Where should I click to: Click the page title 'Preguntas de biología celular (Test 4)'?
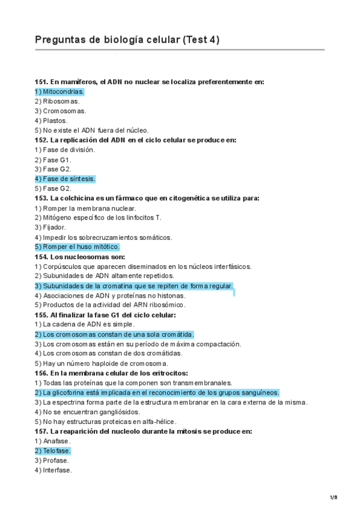(127, 40)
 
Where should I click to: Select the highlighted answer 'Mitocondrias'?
(59, 91)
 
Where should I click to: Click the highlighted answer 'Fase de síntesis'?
(65, 179)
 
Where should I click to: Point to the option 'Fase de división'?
(65, 150)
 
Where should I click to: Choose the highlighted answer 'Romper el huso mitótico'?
(77, 247)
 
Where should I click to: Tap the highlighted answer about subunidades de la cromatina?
(133, 286)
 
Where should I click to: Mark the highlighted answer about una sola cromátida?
(114, 334)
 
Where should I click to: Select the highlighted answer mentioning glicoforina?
(157, 393)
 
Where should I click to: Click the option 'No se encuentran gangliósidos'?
(88, 412)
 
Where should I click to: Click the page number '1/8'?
(334, 497)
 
